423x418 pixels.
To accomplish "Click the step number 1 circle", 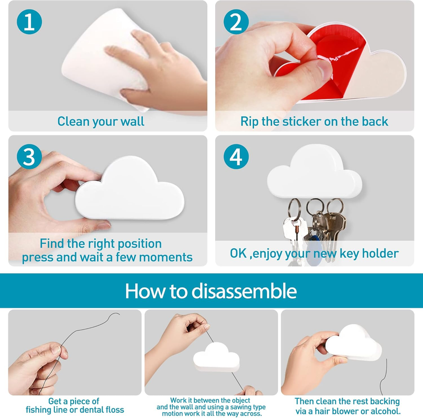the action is (29, 22).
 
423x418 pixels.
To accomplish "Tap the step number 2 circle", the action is (236, 22).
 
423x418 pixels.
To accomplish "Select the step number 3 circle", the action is (29, 157).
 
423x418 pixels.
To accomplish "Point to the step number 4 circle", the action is (236, 157).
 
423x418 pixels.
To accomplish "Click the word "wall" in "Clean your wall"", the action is (132, 121).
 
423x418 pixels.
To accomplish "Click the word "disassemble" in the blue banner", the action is (244, 291).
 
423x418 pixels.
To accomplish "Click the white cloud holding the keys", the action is (315, 171).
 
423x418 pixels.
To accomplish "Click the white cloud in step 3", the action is (130, 189).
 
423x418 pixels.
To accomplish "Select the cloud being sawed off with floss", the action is (216, 357).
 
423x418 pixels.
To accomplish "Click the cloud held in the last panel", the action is (353, 343).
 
